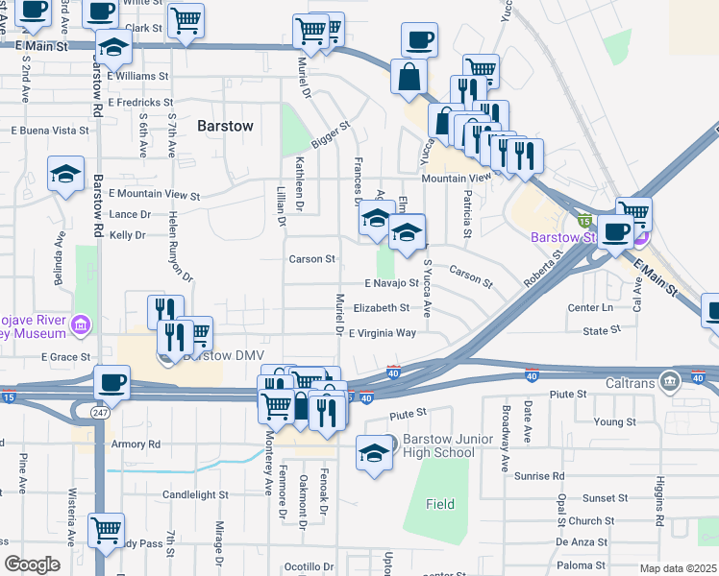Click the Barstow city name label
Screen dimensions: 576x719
pos(225,126)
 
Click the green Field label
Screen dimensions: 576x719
pos(440,504)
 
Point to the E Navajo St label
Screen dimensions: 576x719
pos(391,283)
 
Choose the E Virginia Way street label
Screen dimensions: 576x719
pos(382,333)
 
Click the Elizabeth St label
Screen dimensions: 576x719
pos(382,308)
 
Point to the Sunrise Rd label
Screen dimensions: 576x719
pos(538,476)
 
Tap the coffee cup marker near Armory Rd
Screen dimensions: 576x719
pos(112,382)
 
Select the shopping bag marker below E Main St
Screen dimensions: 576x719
pos(409,76)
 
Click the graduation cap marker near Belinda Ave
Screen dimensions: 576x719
pos(65,175)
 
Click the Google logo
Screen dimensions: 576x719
pos(32,565)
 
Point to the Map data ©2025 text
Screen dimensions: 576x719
pos(678,568)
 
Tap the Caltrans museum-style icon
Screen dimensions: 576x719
pos(671,383)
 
